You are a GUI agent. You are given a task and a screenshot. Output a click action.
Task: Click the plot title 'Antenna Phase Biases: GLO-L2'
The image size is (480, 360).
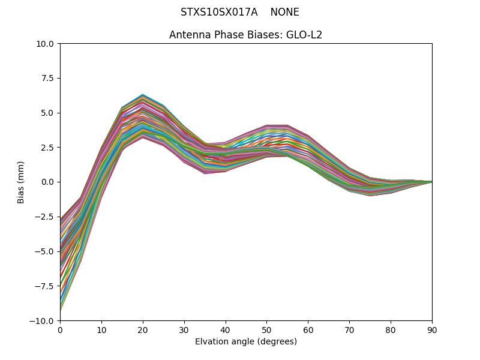coord(245,35)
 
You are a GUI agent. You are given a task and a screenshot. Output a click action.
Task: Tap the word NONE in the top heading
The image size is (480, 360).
coord(284,12)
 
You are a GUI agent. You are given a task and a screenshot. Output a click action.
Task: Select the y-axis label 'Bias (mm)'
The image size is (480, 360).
coord(21,182)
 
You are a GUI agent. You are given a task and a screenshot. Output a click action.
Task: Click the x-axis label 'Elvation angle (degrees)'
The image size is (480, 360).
coord(245,341)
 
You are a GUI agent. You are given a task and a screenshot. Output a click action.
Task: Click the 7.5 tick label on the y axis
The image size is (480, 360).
coord(48,78)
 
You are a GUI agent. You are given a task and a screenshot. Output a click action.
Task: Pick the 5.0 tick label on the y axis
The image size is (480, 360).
coord(48,113)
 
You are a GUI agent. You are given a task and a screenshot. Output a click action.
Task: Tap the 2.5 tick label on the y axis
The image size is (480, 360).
coord(48,148)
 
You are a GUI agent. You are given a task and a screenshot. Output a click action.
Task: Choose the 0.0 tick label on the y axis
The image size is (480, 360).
coord(48,182)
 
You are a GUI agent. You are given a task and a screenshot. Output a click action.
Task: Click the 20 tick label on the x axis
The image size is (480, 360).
coord(143,329)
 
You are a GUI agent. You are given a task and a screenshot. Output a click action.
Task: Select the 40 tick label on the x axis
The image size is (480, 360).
coord(226,329)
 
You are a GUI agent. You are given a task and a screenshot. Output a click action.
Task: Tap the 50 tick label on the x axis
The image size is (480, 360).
coord(266,329)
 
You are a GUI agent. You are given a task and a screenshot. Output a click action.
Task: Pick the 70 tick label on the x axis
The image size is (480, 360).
coord(349,329)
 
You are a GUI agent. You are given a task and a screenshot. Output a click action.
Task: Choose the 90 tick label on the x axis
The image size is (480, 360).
coord(432,329)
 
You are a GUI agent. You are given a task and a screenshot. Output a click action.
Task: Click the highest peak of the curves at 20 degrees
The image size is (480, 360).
coord(143,95)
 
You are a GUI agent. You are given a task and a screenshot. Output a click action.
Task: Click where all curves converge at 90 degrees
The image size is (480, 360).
coord(431,182)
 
